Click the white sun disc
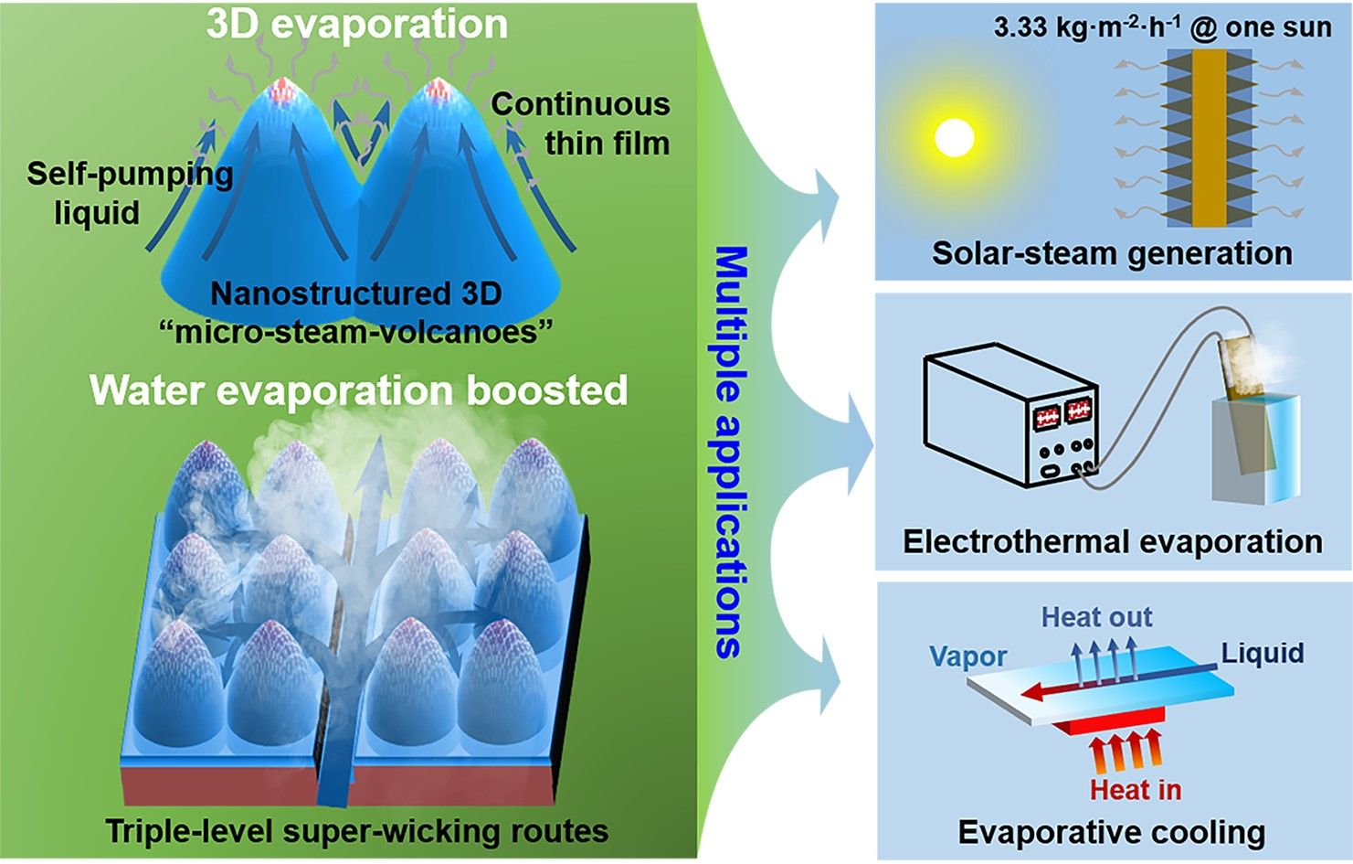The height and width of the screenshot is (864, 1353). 955,138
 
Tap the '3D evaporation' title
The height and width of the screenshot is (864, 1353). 356,24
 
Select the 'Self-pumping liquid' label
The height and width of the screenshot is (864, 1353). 129,193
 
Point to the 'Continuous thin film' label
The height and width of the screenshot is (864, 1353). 581,123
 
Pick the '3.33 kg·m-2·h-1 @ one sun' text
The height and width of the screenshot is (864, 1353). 1162,27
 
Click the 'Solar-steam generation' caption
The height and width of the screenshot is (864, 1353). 1112,252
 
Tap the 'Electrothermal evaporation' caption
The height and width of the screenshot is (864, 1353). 1112,541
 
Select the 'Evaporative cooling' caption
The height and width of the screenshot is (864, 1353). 1111,832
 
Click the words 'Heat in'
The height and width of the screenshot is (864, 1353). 1135,789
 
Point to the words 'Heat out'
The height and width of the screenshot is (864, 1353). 1096,617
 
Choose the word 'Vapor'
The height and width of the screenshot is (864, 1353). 967,656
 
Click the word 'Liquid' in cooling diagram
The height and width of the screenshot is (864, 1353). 1263,653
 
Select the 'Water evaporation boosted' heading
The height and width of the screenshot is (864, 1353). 358,390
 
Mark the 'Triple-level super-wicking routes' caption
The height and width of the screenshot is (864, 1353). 356,831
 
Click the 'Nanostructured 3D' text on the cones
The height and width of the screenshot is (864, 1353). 356,293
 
